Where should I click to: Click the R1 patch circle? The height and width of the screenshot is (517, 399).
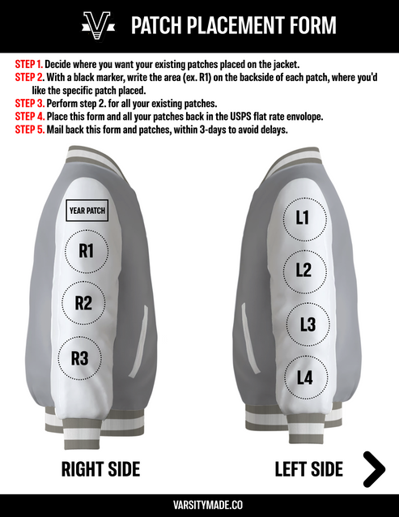86,251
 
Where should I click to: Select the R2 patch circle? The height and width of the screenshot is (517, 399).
83,304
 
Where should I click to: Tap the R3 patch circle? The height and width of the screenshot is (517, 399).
79,357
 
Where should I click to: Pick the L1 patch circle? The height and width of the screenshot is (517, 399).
302,217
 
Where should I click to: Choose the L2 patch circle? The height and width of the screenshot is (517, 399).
303,271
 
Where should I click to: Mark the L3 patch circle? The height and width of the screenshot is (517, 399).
308,325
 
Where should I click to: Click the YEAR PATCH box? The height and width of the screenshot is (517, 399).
87,211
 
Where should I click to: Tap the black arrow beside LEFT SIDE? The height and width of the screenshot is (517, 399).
373,468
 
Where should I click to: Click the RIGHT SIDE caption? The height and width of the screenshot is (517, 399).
101,468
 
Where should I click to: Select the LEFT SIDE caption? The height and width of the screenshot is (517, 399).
308,468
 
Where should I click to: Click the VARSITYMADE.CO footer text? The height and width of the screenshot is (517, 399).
199,504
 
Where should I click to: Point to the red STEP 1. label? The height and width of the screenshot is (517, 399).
28,62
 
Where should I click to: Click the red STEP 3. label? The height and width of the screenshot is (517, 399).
29,104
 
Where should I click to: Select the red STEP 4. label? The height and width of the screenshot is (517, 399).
29,117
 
